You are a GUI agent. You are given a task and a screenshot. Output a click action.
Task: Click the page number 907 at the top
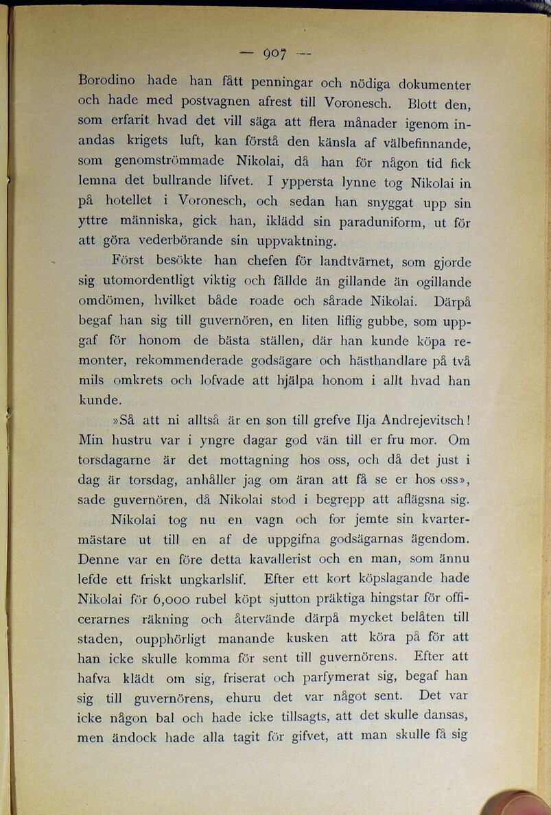point(274,53)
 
